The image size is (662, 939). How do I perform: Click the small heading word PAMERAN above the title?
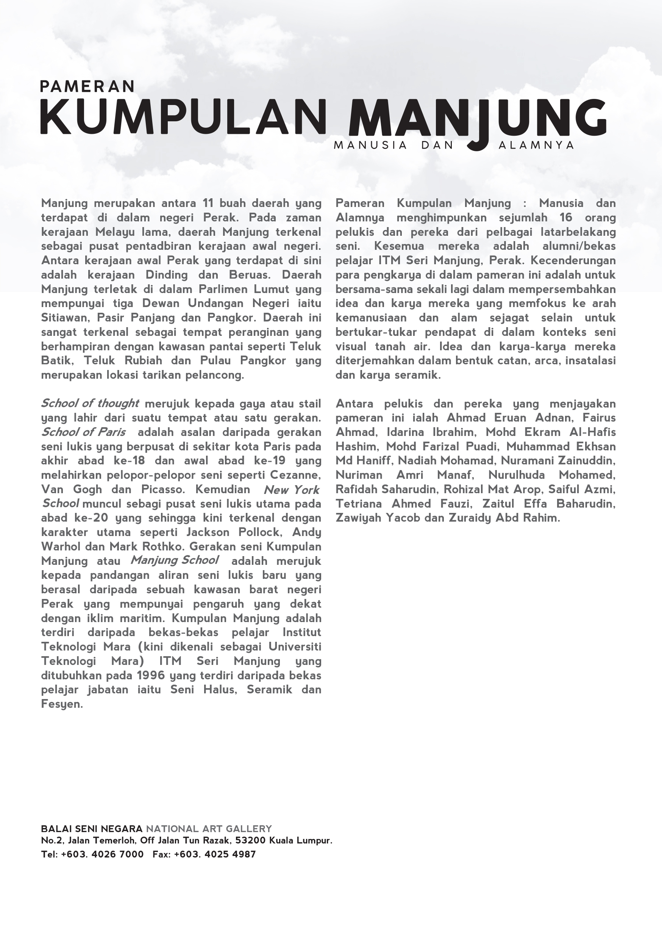click(x=87, y=86)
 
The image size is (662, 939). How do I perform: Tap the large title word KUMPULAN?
click(x=183, y=116)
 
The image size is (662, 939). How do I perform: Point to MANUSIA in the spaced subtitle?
click(x=370, y=145)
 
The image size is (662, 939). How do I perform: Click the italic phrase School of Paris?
click(x=83, y=432)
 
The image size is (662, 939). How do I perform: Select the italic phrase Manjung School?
click(x=175, y=560)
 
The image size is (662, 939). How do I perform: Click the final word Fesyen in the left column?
click(x=62, y=704)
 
